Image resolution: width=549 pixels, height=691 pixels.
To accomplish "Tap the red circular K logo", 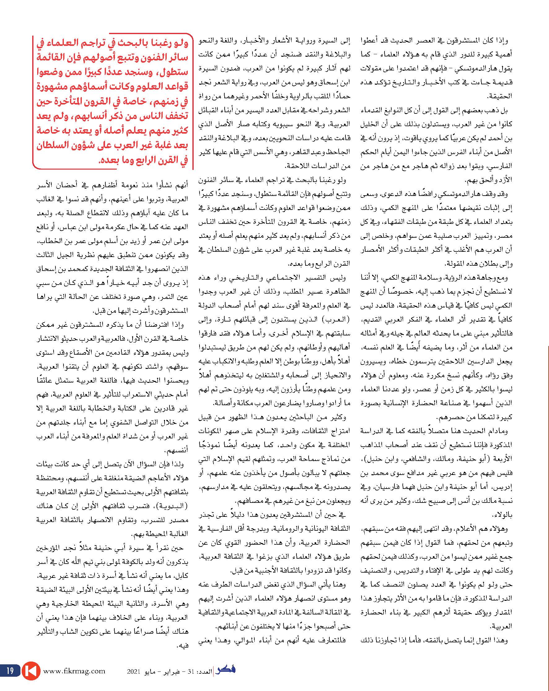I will tap(31, 670).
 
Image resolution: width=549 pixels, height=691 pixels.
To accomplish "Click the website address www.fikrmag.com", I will tap(74, 670).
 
